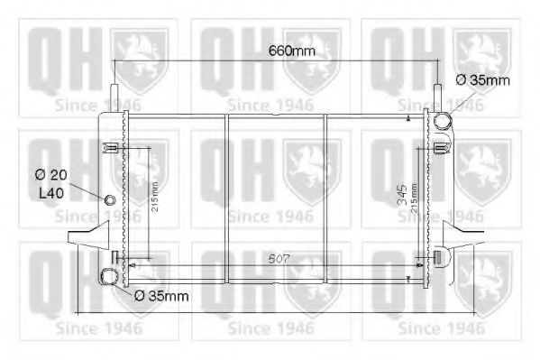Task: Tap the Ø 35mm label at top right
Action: [x=482, y=80]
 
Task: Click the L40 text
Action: [x=52, y=191]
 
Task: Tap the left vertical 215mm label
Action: [x=154, y=193]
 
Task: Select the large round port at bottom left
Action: [x=109, y=276]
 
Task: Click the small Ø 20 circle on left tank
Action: [x=111, y=200]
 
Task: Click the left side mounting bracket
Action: [x=83, y=240]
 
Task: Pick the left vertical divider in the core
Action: [x=227, y=198]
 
